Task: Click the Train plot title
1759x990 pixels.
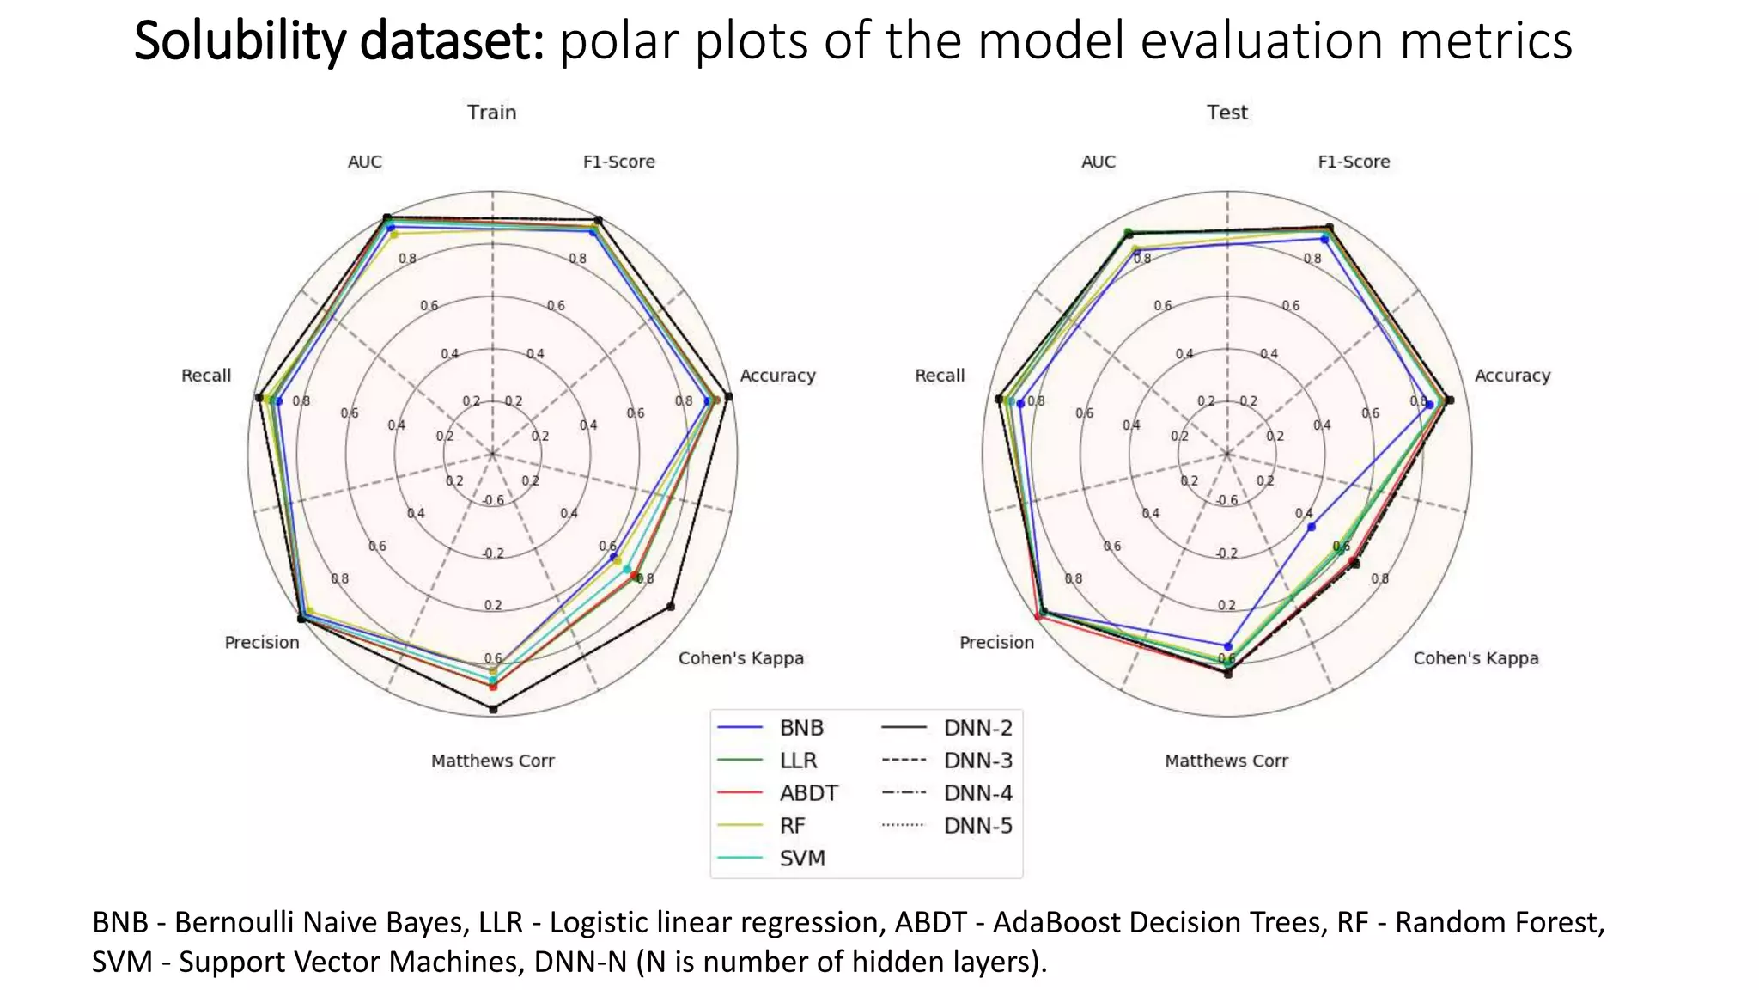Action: point(491,113)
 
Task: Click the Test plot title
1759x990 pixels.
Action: point(1226,113)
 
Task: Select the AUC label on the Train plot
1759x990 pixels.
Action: point(364,162)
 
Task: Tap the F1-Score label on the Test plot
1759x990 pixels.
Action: point(1353,162)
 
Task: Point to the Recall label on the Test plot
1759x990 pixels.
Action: point(940,376)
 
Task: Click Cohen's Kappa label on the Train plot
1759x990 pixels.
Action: point(740,658)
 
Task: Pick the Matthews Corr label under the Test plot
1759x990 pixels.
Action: point(1226,761)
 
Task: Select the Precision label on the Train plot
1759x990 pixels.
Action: point(262,643)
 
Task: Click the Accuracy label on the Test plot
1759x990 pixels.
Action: point(1512,376)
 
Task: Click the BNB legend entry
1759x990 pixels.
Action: point(800,728)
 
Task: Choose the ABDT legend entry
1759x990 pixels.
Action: point(807,793)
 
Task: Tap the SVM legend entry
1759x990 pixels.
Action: point(801,859)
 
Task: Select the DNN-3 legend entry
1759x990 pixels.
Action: point(977,761)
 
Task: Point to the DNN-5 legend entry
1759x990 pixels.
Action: point(977,826)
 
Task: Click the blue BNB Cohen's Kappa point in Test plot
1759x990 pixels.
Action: point(1311,527)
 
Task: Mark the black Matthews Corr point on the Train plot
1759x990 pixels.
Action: point(493,709)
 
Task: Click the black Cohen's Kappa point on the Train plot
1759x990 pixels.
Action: point(671,607)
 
